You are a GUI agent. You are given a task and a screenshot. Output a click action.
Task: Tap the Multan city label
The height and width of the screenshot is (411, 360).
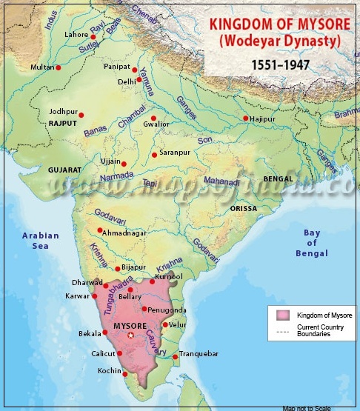41,67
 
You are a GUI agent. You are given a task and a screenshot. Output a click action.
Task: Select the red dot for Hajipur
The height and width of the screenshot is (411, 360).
246,118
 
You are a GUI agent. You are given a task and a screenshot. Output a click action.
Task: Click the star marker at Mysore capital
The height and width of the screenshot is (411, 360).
131,335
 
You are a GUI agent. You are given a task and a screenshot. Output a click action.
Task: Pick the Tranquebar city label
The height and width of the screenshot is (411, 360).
199,355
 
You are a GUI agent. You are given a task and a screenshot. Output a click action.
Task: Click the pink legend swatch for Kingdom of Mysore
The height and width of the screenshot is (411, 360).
281,315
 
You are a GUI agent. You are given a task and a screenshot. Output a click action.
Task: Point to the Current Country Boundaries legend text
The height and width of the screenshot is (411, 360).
320,330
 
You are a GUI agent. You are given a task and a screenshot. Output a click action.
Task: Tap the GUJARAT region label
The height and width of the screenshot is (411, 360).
64,170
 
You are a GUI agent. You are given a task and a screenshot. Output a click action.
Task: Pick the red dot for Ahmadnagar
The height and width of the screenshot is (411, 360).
99,230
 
